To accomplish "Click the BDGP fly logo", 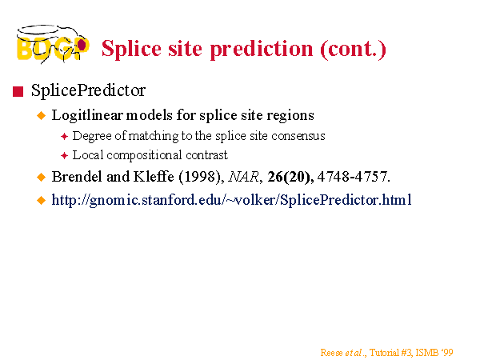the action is click(x=53, y=44).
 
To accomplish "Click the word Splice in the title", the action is click(x=132, y=49).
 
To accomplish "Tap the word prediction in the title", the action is click(x=262, y=49).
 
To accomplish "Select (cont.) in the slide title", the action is click(x=354, y=49).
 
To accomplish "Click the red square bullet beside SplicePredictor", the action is click(x=18, y=91).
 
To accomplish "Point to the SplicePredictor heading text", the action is click(x=88, y=90).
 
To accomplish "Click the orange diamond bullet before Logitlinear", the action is click(x=41, y=116).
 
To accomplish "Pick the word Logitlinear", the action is click(x=87, y=115).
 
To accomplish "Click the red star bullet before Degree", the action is click(x=64, y=137).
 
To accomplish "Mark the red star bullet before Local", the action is click(x=64, y=156).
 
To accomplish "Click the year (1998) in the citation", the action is click(x=202, y=177).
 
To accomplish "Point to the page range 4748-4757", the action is click(x=354, y=177).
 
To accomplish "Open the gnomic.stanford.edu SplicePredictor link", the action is click(x=231, y=200).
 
